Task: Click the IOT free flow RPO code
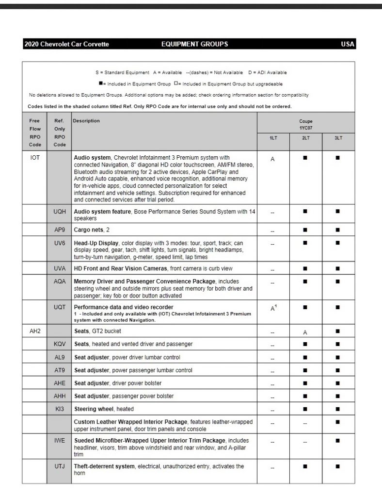pos(35,158)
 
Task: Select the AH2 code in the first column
pos(35,331)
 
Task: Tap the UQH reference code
pos(60,212)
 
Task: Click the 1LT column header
pos(273,138)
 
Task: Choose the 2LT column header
pos(305,138)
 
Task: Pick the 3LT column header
pos(338,138)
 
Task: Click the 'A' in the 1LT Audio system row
pos(273,159)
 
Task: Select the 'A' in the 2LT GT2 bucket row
pos(305,332)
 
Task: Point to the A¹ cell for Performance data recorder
pos(273,308)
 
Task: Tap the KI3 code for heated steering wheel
pos(60,409)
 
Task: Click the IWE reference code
pos(60,440)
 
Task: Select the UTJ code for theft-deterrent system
pos(60,466)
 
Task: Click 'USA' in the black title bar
pos(348,44)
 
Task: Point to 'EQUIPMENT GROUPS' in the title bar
pos(194,44)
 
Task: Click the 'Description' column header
pos(87,121)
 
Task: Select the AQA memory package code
pos(60,282)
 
